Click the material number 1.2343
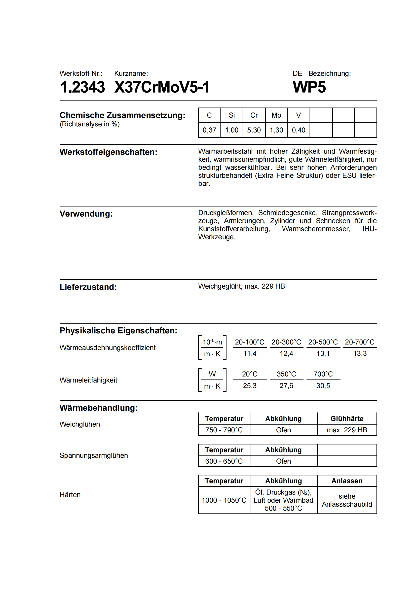pos(82,87)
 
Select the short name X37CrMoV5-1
pos(162,87)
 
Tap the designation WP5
pos(309,87)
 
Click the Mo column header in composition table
pos(276,115)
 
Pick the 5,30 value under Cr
pos(254,130)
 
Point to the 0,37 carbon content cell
pos(209,130)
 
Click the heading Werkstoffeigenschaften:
pos(108,152)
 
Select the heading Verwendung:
pos(86,214)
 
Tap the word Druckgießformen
pos(225,213)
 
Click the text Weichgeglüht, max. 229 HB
pos(241,286)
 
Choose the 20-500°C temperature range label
pos(323,342)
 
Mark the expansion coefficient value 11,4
pos(250,354)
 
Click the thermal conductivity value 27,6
pos(286,386)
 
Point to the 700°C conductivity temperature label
pos(323,374)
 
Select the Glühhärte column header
pos(347,419)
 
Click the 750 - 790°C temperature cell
pos(224,430)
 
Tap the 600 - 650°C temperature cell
pos(224,461)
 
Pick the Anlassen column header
pos(347,481)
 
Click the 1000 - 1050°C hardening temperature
pos(224,500)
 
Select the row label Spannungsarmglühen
pos(94,456)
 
